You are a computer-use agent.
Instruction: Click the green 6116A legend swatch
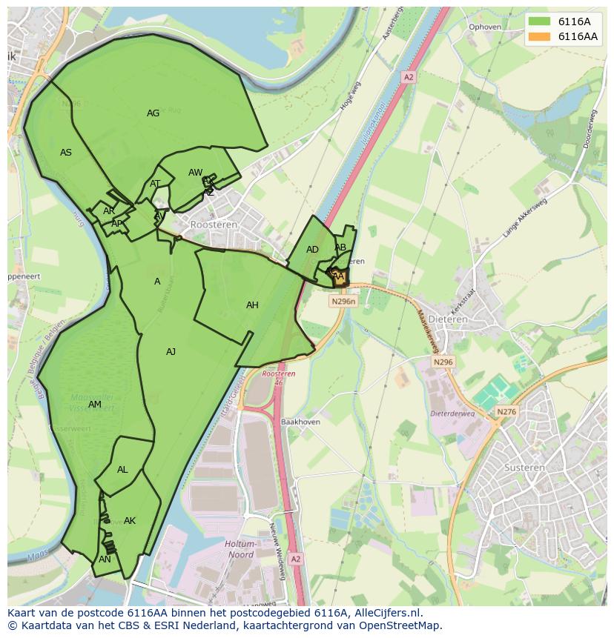pyautogui.click(x=540, y=21)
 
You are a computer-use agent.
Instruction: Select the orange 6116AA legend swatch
pyautogui.click(x=540, y=36)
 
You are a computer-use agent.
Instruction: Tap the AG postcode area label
pyautogui.click(x=153, y=113)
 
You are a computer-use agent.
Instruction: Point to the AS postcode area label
pyautogui.click(x=66, y=153)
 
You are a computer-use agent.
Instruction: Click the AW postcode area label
pyautogui.click(x=195, y=173)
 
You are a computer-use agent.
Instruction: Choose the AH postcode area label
pyautogui.click(x=252, y=305)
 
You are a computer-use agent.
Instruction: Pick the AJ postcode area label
pyautogui.click(x=171, y=352)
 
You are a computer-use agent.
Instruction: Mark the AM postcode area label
pyautogui.click(x=94, y=405)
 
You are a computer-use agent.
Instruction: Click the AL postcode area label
pyautogui.click(x=122, y=470)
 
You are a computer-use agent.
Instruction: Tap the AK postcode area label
pyautogui.click(x=130, y=521)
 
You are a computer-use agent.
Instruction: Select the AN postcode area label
pyautogui.click(x=105, y=559)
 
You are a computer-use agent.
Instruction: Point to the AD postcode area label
pyautogui.click(x=312, y=250)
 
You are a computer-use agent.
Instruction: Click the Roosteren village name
pyautogui.click(x=214, y=225)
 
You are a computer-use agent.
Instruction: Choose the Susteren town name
pyautogui.click(x=524, y=468)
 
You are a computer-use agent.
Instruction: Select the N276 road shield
pyautogui.click(x=506, y=412)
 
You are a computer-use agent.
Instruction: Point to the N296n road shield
pyautogui.click(x=343, y=302)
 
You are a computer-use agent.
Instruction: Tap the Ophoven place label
pyautogui.click(x=485, y=27)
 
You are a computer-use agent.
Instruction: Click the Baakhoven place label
pyautogui.click(x=300, y=422)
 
